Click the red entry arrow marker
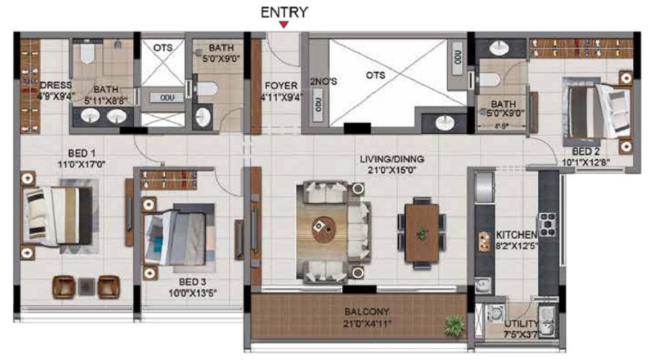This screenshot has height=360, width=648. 284,25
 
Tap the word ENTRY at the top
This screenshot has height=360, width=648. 284,12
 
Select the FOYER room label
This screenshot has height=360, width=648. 280,85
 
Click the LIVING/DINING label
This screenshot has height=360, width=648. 393,159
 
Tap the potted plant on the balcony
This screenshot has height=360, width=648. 454,325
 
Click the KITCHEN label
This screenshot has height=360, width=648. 516,235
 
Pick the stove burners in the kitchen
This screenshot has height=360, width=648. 549,224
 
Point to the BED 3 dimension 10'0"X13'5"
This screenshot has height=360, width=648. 193,292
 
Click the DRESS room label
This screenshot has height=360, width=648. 55,85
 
